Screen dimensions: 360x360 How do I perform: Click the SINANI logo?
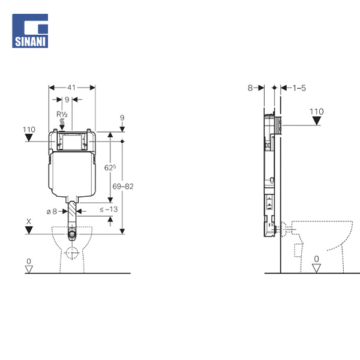(30, 31)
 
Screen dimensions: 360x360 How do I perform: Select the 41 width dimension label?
(71, 88)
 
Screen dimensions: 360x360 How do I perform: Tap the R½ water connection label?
(62, 115)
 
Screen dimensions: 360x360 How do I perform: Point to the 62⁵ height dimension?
(110, 167)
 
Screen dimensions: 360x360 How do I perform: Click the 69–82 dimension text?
(123, 186)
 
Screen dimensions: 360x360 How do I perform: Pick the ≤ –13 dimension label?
(109, 209)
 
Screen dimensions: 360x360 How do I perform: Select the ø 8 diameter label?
(52, 211)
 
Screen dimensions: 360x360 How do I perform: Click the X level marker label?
(29, 221)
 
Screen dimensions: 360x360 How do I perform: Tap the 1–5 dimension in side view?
(299, 88)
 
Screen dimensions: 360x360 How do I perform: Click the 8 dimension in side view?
(250, 88)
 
